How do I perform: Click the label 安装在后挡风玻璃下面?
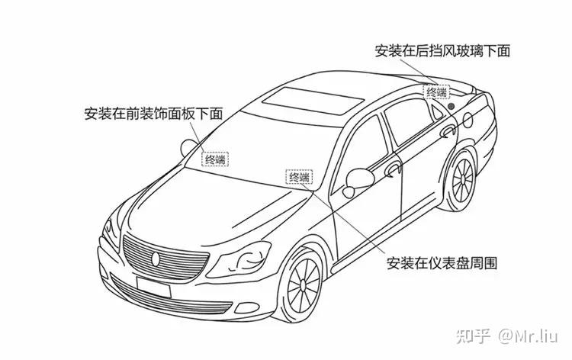442,51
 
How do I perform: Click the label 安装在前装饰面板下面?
153,114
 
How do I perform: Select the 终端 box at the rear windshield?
437,92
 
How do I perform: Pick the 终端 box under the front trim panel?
215,159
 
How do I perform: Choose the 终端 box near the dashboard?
299,178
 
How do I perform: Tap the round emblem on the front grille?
156,257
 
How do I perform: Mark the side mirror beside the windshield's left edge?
188,147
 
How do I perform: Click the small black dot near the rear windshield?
451,104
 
